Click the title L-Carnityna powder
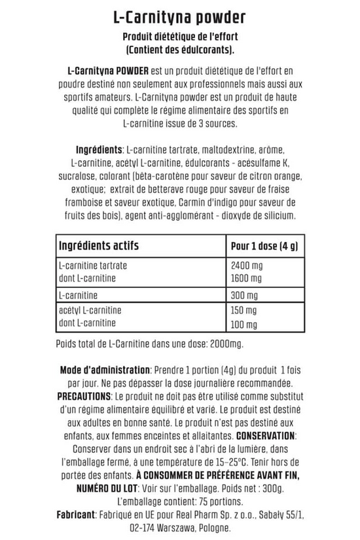tap(179, 15)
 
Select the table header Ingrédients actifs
tap(99, 246)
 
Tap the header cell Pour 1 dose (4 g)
tap(264, 246)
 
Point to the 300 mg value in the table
tap(243, 295)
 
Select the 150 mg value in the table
tap(243, 312)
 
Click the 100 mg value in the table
tap(243, 323)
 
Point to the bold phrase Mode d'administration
tap(105, 370)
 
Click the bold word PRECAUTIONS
tap(84, 397)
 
